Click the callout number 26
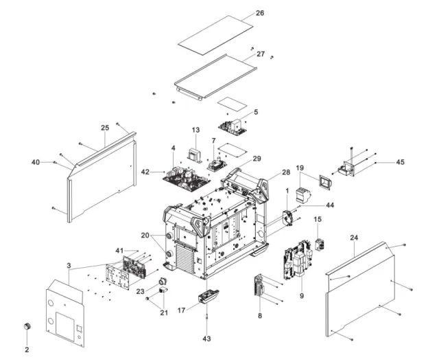point(259,13)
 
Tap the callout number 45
point(400,162)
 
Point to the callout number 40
point(35,162)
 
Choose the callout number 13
point(195,130)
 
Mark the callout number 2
point(27,349)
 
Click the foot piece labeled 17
point(209,296)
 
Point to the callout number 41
point(121,250)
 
